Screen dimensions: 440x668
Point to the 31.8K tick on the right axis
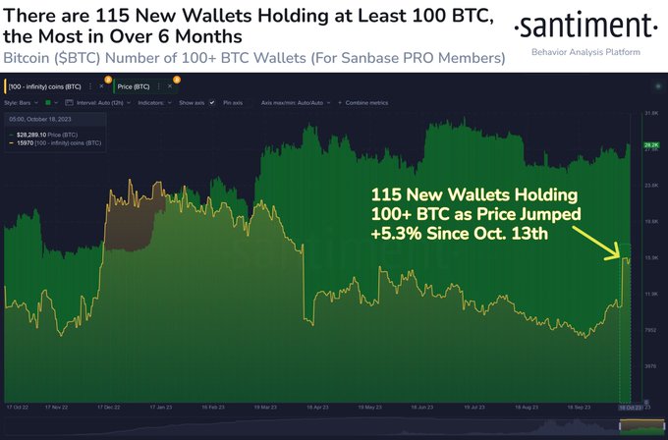pos(649,114)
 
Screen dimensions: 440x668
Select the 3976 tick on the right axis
pos(649,365)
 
